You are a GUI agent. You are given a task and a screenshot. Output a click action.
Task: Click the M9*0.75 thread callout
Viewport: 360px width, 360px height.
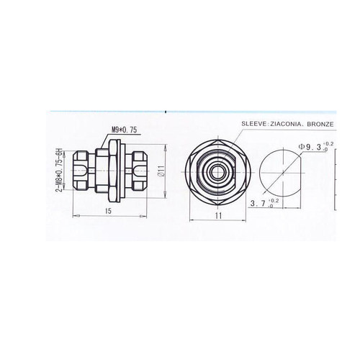124,130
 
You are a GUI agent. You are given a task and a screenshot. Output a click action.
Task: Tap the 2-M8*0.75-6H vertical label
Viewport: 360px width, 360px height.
59,170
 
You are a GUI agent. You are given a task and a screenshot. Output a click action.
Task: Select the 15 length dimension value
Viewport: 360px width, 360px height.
108,211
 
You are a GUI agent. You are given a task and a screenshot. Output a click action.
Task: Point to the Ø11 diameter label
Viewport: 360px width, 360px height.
161,171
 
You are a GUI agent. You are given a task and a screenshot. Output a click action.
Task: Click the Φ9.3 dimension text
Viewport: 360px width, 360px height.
310,147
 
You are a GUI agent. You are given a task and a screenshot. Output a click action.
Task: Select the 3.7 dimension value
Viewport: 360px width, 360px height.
258,204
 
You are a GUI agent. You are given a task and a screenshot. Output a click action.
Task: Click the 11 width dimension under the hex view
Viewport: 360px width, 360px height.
218,216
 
